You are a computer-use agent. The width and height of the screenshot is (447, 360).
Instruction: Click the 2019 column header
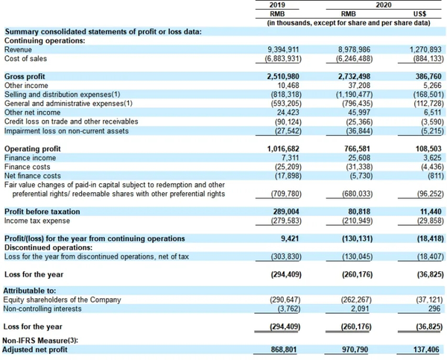coord(277,5)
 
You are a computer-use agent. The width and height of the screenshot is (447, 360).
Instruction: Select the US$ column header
coord(419,13)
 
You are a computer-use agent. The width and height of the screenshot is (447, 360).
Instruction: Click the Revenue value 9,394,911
coord(283,50)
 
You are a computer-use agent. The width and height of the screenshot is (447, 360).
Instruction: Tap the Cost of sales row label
coord(25,59)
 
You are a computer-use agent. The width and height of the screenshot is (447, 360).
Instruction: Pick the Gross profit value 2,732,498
coord(355,77)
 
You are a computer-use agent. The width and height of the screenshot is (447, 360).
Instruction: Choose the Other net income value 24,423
coord(288,113)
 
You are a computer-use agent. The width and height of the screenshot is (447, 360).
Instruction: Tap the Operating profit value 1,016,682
coord(283,149)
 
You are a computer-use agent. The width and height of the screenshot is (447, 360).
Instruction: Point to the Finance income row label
coord(31,158)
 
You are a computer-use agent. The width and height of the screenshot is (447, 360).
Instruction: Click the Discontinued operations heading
coord(48,247)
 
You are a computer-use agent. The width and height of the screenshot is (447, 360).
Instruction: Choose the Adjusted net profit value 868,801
coord(284,350)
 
